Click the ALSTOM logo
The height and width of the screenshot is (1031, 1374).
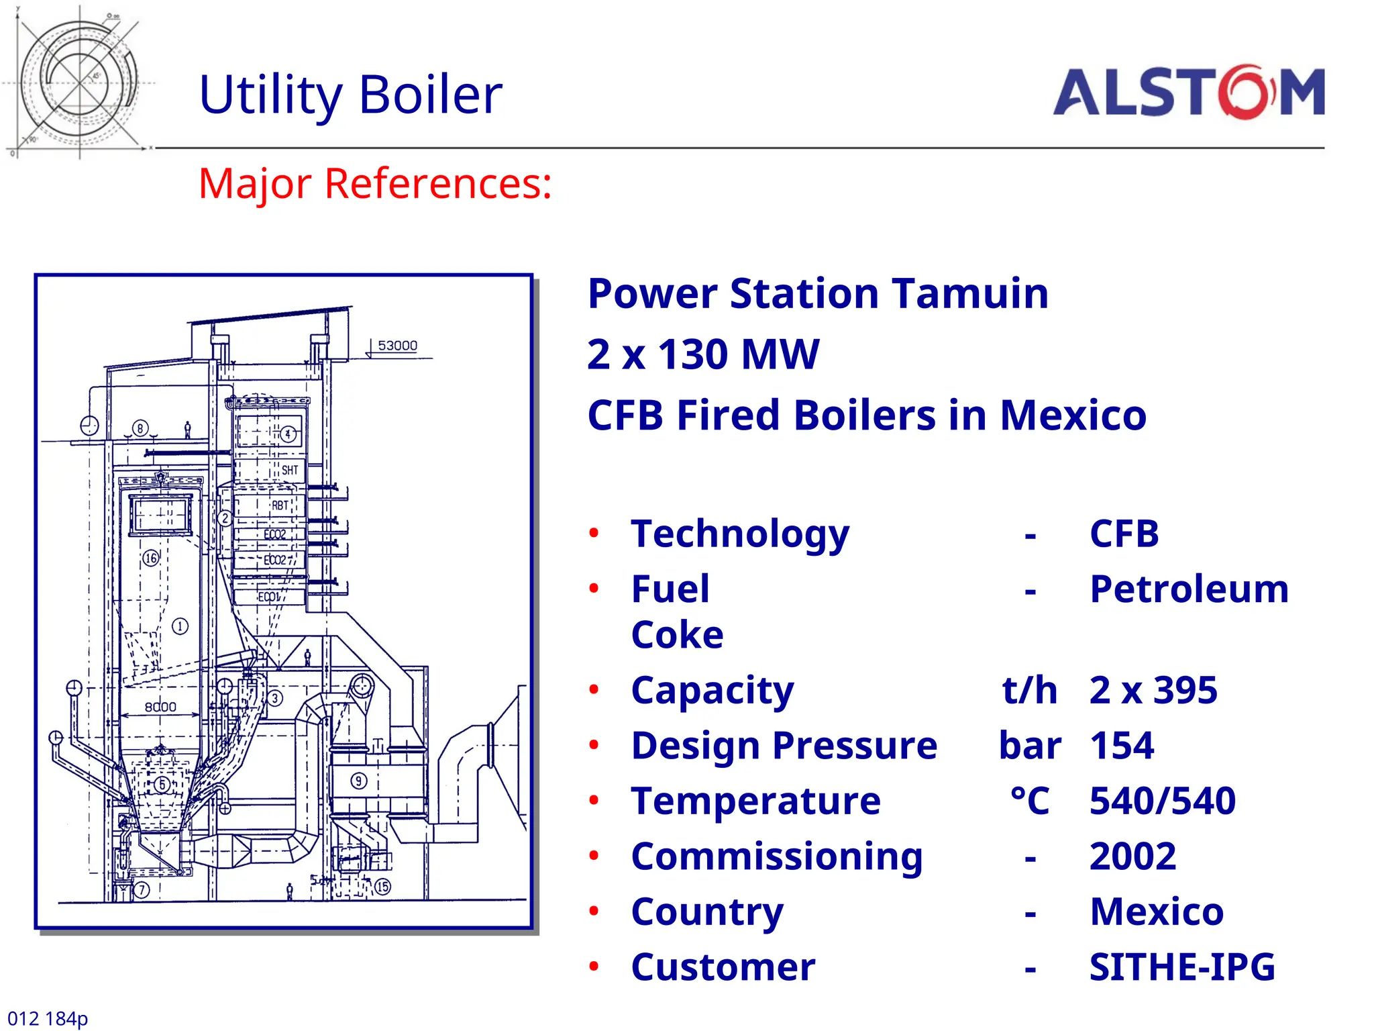(1188, 92)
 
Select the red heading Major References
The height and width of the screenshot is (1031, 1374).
(374, 183)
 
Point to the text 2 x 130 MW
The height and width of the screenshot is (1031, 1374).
(702, 354)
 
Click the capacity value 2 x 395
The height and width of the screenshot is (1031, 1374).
(1153, 690)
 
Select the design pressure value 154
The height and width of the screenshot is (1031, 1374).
(1121, 746)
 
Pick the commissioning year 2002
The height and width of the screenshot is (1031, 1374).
(1132, 856)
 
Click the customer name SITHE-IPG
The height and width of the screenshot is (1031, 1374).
(1181, 967)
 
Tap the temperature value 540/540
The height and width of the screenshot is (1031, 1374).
(1162, 801)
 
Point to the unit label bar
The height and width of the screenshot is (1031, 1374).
(1030, 746)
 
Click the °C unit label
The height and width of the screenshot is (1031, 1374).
(1030, 801)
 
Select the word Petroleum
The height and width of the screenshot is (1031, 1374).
(1189, 589)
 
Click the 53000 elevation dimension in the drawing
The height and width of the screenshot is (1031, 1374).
(397, 346)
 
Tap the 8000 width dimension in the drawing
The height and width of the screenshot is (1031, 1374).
(160, 707)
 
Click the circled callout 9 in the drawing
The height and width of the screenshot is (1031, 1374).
(359, 781)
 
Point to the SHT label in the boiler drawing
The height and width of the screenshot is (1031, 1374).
(289, 470)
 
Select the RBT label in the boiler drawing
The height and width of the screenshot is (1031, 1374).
(280, 505)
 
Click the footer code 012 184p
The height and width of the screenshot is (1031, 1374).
(48, 1018)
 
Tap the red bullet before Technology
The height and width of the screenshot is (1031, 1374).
(594, 534)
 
